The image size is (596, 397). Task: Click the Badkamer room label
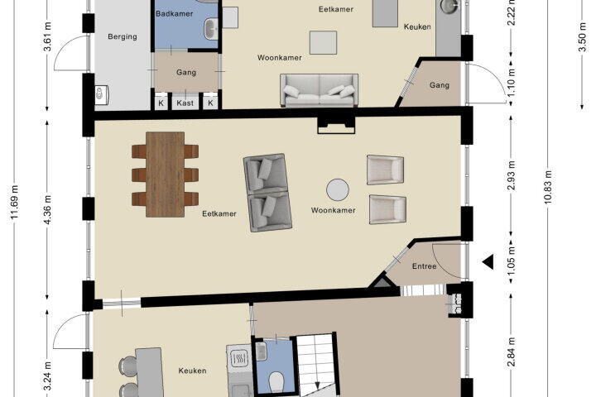tap(174, 14)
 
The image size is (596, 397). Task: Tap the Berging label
tap(123, 36)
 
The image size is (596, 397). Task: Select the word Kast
tap(185, 103)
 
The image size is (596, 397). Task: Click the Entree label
tap(424, 266)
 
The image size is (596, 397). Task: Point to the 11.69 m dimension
tap(15, 203)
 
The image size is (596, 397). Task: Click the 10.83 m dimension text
tap(548, 187)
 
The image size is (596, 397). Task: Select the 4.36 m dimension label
tap(48, 210)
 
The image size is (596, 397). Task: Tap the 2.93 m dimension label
tap(512, 175)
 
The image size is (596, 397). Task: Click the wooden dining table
tap(166, 175)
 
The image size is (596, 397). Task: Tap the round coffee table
tap(338, 189)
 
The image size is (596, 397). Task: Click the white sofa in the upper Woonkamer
tap(320, 90)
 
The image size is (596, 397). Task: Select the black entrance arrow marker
tap(488, 261)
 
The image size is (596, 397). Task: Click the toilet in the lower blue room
tap(276, 381)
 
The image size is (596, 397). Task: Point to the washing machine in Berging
tap(101, 93)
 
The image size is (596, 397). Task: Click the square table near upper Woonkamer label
tap(323, 42)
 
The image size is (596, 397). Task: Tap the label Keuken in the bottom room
tap(192, 371)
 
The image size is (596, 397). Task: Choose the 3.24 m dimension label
tap(48, 376)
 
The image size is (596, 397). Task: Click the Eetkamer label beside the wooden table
tap(219, 213)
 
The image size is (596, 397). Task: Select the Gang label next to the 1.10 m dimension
tap(440, 85)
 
